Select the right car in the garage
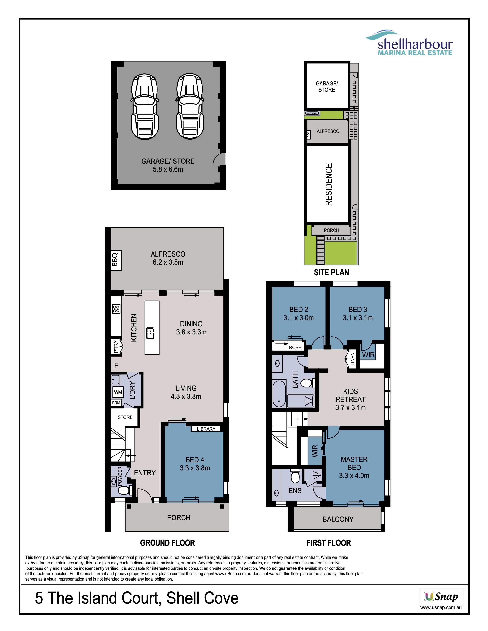(x=190, y=106)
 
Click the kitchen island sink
(x=150, y=333)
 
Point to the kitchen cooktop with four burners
(x=116, y=309)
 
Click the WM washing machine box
(x=118, y=392)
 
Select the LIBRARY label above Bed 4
(x=206, y=429)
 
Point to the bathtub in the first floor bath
(x=279, y=394)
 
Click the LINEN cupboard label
(x=352, y=359)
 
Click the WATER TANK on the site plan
(x=312, y=113)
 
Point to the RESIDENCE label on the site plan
(x=329, y=184)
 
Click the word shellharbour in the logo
(x=415, y=44)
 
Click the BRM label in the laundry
(x=116, y=403)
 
